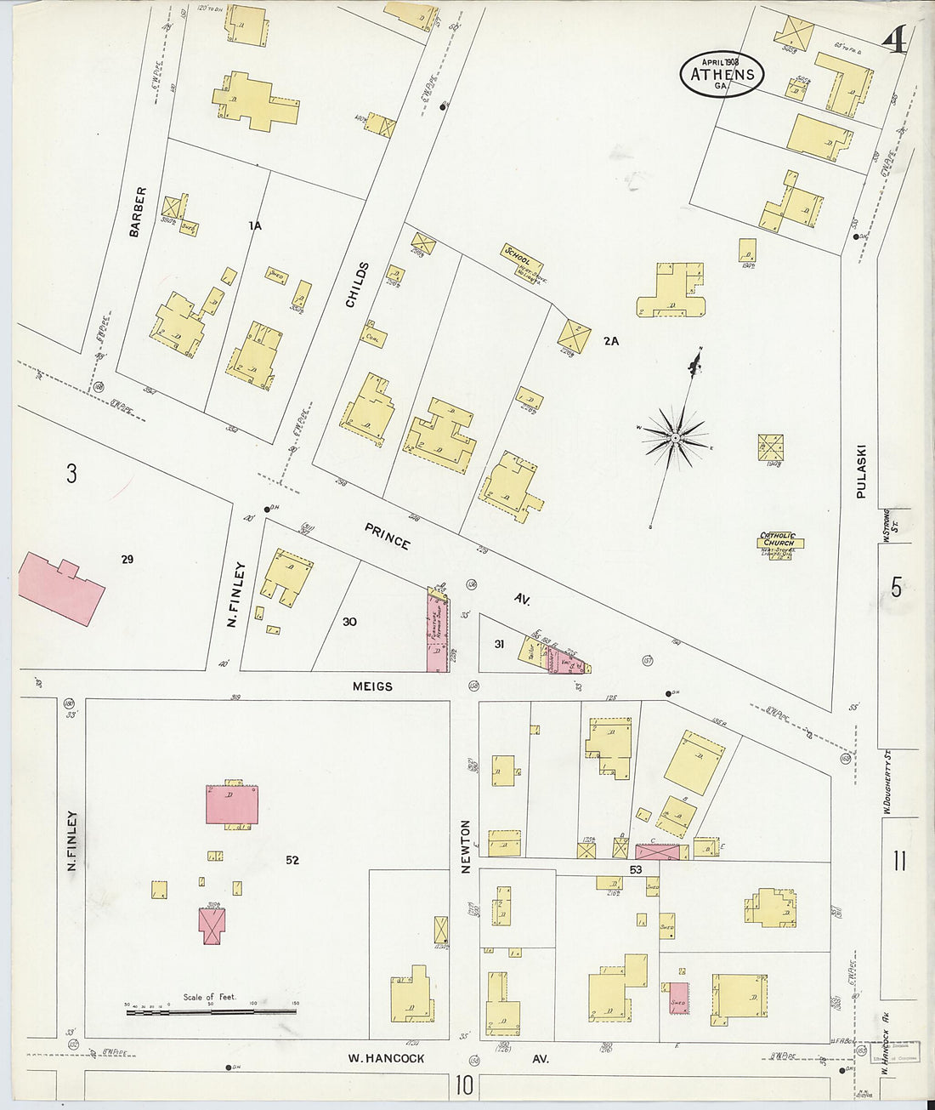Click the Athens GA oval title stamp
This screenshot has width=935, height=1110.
tap(722, 74)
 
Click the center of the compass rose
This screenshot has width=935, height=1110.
tap(675, 438)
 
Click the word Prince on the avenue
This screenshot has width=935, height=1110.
tap(388, 537)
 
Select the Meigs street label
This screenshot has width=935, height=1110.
tap(373, 686)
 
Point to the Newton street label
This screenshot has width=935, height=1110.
tap(465, 845)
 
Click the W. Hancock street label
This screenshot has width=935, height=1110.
tap(386, 1059)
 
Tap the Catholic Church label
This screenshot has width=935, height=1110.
tap(778, 538)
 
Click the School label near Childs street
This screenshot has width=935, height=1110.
tap(518, 254)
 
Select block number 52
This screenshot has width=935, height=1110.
tap(292, 861)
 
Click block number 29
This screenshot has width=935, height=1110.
tap(127, 560)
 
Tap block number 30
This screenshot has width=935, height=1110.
tap(349, 622)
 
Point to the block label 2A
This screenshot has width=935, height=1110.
tap(611, 341)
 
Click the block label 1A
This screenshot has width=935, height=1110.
tap(254, 226)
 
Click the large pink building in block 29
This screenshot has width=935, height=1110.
tap(60, 588)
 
